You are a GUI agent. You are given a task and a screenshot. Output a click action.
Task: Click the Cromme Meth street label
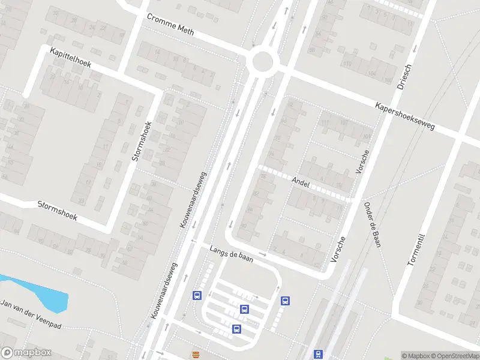[x=170, y=25]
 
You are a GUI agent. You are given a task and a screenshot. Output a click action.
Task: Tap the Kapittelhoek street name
[x=70, y=58]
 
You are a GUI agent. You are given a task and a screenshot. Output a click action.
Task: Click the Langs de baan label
[x=231, y=254]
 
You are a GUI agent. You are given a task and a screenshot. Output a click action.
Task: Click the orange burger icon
[x=195, y=354]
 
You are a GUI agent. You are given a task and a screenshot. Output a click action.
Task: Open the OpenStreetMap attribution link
[x=455, y=356]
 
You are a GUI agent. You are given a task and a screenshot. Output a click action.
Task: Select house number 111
[x=326, y=124]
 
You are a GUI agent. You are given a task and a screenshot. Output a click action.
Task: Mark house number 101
[x=365, y=136]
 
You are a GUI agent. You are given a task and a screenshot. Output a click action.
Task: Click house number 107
[x=344, y=123]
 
